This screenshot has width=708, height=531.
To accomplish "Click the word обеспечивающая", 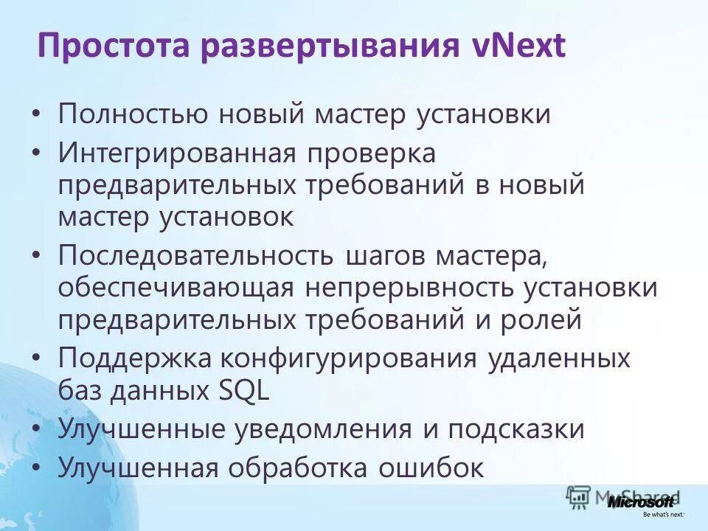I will [174, 290].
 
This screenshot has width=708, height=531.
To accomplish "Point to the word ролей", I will [538, 321].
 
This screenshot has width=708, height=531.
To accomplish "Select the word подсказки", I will [513, 430].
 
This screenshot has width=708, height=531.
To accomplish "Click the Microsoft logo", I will [640, 503].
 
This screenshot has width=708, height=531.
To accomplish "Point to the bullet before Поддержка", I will [38, 358].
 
